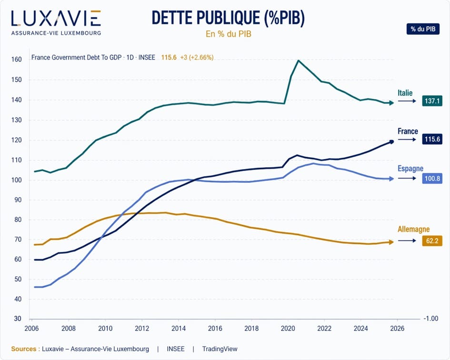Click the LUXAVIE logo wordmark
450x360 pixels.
(x=56, y=18)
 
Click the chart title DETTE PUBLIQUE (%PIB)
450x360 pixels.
(x=228, y=18)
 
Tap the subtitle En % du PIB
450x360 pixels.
(x=228, y=34)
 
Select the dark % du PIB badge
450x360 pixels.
(x=423, y=29)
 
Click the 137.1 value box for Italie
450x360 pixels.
(x=432, y=101)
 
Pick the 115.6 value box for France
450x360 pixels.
(x=432, y=139)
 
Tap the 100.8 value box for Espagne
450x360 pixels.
(x=432, y=179)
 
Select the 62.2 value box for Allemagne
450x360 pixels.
(x=432, y=241)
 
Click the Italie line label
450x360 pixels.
(x=405, y=93)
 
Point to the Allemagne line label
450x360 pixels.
(x=413, y=230)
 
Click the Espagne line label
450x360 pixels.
(x=410, y=169)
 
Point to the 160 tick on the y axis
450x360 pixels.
(x=17, y=60)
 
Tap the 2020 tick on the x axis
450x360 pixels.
(x=288, y=328)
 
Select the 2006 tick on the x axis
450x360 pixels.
(x=32, y=328)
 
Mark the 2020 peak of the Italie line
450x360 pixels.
(x=298, y=60)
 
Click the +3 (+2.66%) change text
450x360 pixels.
(x=197, y=57)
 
